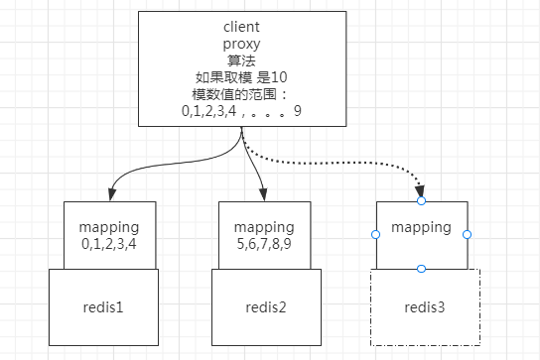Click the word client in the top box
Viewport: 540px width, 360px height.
pyautogui.click(x=242, y=28)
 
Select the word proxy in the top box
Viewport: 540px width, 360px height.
pyautogui.click(x=242, y=44)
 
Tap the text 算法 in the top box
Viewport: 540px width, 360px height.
pyautogui.click(x=242, y=60)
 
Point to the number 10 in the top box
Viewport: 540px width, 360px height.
pyautogui.click(x=278, y=77)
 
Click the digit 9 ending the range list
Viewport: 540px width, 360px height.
pyautogui.click(x=298, y=112)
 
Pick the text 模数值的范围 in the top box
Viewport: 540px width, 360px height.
pyautogui.click(x=233, y=95)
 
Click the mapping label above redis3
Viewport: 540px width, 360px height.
pyautogui.click(x=421, y=227)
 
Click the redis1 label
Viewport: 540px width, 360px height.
pyautogui.click(x=105, y=307)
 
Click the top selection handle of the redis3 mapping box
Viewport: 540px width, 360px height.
pyautogui.click(x=421, y=201)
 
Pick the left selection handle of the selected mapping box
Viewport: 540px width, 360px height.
pyautogui.click(x=375, y=235)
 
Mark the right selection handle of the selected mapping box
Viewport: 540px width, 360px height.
pyautogui.click(x=467, y=235)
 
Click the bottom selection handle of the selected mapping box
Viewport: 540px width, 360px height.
pyautogui.click(x=421, y=269)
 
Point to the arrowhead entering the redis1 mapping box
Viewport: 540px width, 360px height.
pyautogui.click(x=106, y=195)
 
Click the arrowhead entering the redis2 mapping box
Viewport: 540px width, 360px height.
pyautogui.click(x=264, y=195)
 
